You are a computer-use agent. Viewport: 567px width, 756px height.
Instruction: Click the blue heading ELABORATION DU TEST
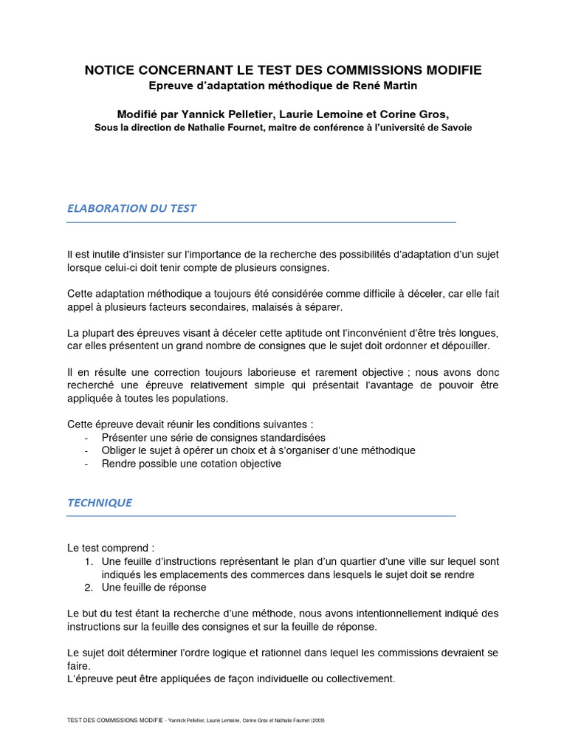[x=131, y=208]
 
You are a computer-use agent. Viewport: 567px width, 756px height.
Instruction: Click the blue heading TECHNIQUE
[x=100, y=502]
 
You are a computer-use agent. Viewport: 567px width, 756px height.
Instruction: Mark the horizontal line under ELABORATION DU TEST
[x=261, y=222]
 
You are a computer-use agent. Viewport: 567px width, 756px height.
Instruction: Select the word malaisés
[x=272, y=306]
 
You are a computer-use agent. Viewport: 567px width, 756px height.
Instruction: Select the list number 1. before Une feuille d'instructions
[x=89, y=561]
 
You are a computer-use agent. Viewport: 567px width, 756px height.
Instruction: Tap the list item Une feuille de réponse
[x=154, y=587]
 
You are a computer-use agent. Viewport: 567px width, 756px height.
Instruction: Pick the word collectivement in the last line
[x=360, y=678]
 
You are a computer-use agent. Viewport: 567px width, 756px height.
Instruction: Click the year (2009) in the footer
[x=317, y=720]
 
